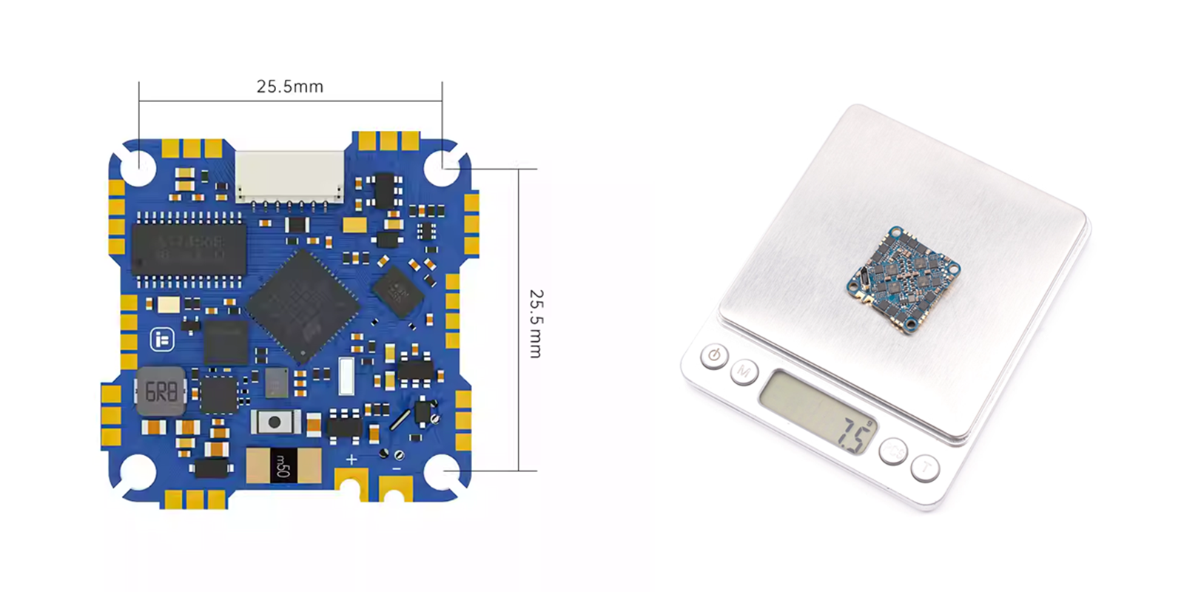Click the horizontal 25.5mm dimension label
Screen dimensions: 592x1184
[x=290, y=87]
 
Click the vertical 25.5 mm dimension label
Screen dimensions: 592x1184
[x=535, y=323]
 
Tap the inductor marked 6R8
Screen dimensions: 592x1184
[x=160, y=390]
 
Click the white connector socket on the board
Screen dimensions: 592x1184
[x=290, y=177]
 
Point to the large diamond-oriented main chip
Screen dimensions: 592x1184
[x=303, y=305]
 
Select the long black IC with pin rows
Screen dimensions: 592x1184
[x=189, y=249]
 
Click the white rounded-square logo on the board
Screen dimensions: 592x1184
[x=162, y=340]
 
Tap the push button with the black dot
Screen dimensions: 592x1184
[x=275, y=422]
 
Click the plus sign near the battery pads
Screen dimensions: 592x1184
[x=351, y=460]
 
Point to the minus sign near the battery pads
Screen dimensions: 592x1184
[x=397, y=469]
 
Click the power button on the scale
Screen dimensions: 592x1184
[x=714, y=356]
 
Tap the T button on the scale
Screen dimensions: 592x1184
[x=925, y=468]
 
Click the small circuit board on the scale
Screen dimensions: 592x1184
[x=904, y=277]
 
